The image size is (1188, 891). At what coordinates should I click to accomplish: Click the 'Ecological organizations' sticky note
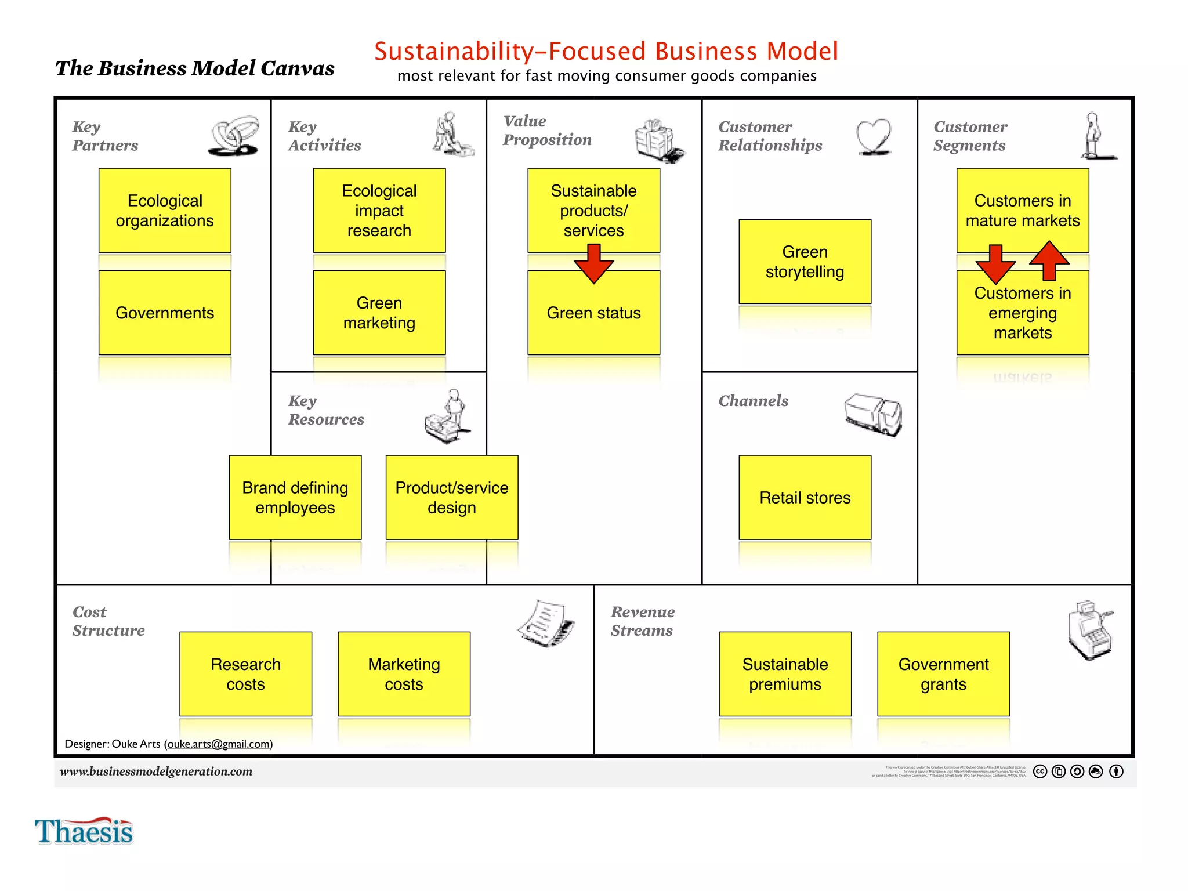point(165,210)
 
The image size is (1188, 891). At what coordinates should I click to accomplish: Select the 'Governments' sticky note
point(165,313)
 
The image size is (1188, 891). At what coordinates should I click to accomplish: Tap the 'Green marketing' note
point(379,313)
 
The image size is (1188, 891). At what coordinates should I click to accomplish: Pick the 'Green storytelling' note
point(805,262)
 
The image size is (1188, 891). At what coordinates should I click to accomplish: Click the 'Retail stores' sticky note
point(805,497)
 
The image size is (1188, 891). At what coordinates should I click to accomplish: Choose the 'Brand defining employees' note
point(295,497)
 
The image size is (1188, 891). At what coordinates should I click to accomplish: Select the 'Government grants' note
point(943,673)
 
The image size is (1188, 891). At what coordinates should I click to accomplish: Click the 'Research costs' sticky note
point(245,673)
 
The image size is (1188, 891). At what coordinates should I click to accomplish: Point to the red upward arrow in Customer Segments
point(1049,260)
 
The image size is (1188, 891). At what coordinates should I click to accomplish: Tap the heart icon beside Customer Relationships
point(874,137)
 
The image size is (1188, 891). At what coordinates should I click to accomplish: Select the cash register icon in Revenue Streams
point(1090,630)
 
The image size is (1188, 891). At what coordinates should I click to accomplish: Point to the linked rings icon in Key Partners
point(234,135)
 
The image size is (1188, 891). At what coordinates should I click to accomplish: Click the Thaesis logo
point(84,831)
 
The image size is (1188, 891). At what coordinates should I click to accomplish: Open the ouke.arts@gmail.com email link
point(219,744)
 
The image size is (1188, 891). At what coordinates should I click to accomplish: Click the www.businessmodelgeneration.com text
point(156,771)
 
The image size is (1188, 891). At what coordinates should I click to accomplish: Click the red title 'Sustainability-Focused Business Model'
point(606,51)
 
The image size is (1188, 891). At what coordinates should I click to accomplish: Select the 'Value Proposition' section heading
point(547,131)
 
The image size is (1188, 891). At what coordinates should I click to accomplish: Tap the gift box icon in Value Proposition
point(659,140)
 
